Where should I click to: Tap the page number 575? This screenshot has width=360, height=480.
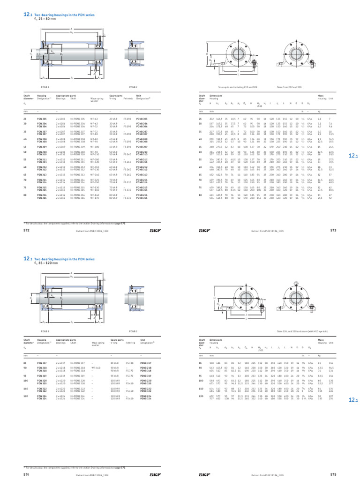333,474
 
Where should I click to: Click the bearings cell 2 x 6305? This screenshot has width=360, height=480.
61,119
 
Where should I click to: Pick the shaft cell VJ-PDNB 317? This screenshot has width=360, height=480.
76,363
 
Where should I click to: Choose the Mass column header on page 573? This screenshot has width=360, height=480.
321,96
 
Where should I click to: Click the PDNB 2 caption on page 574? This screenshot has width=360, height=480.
133,331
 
